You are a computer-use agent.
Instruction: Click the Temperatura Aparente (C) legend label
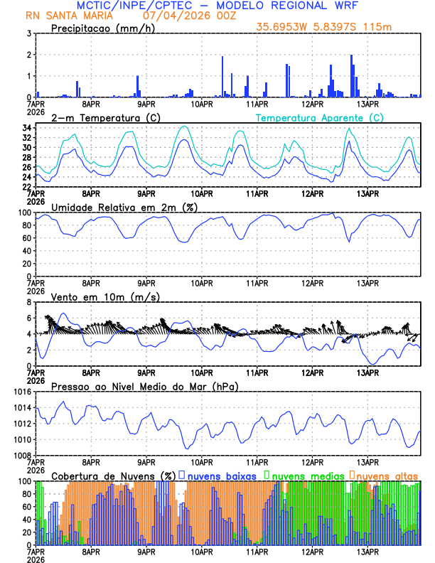click(x=320, y=117)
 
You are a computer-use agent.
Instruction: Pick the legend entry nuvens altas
click(x=387, y=476)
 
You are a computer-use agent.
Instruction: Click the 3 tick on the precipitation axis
click(x=28, y=33)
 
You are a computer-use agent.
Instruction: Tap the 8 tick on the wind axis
click(x=28, y=302)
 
